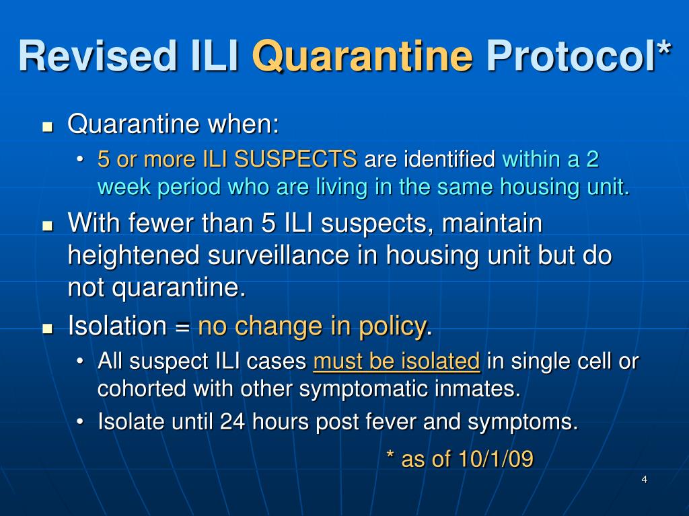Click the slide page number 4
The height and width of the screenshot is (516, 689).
pyautogui.click(x=644, y=479)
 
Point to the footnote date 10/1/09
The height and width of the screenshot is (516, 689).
pyautogui.click(x=496, y=459)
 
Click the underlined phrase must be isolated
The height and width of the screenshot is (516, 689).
pyautogui.click(x=396, y=361)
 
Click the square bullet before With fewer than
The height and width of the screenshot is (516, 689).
pyautogui.click(x=47, y=225)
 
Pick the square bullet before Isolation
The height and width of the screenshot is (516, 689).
pyautogui.click(x=47, y=329)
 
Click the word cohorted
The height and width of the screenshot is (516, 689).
pyautogui.click(x=141, y=389)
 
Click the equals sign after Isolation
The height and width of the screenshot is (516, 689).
pyautogui.click(x=182, y=328)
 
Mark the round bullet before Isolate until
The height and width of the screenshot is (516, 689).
pyautogui.click(x=81, y=422)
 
